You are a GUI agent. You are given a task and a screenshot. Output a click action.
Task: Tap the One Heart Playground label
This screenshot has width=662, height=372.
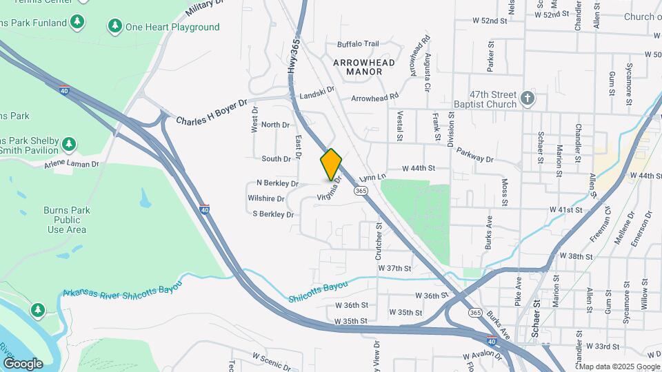tap(172, 27)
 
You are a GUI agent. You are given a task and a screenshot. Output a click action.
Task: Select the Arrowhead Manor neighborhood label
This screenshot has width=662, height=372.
tap(363, 67)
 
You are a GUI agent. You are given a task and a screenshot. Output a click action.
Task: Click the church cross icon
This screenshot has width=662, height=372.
tap(528, 99)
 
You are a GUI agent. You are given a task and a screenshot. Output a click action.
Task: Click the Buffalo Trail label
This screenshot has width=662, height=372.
tap(358, 43)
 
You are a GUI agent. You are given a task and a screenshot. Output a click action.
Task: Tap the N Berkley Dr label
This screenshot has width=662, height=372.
tap(277, 183)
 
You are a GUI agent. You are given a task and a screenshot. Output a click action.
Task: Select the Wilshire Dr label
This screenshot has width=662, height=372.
tap(265, 198)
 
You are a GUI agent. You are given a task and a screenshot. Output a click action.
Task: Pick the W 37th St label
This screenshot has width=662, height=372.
tap(394, 268)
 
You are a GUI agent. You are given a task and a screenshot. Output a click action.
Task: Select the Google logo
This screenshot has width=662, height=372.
tap(23, 363)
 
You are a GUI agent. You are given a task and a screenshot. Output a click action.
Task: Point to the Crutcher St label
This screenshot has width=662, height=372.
tap(379, 236)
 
